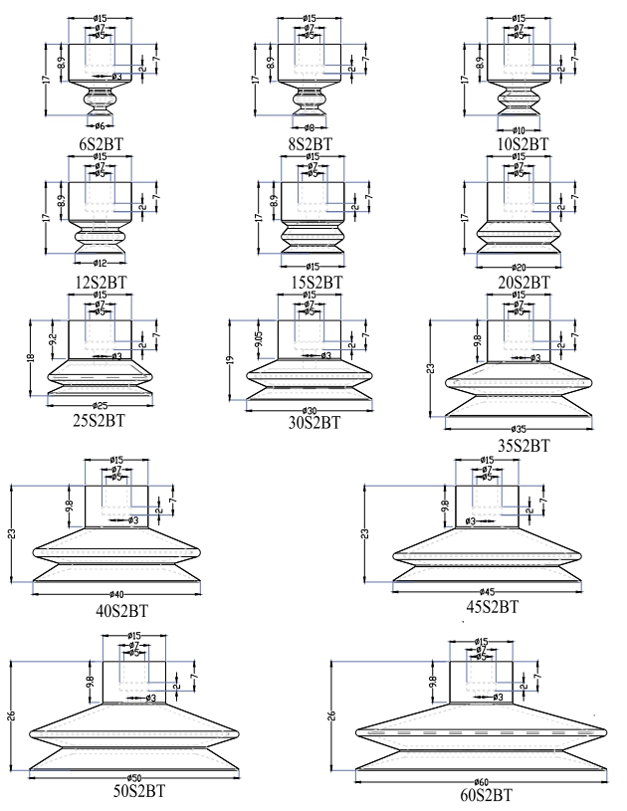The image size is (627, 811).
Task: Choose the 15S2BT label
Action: coord(313,283)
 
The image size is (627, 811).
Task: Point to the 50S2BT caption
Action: coord(136,791)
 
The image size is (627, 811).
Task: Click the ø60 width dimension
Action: coord(482,781)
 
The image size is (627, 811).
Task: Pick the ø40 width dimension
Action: coord(118,594)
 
